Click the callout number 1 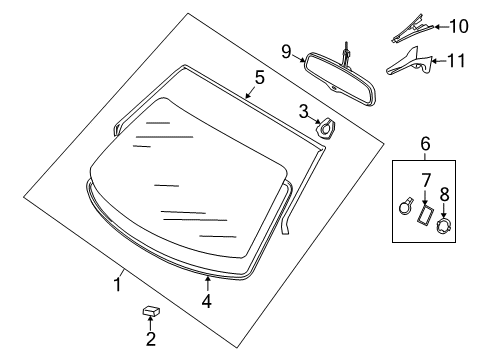click(117, 284)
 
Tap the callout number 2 click(151, 339)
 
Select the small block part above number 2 click(151, 311)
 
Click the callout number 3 click(304, 111)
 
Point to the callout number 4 click(207, 302)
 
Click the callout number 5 click(259, 77)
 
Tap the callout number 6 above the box click(425, 144)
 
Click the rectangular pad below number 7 click(425, 215)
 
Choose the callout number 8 click(444, 194)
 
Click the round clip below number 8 click(444, 225)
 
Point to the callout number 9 click(286, 52)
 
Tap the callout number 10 click(459, 26)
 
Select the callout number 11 click(456, 61)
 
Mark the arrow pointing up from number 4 click(207, 284)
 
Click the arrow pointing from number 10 click(441, 27)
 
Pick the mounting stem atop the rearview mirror click(347, 55)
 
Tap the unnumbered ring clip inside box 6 click(406, 207)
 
